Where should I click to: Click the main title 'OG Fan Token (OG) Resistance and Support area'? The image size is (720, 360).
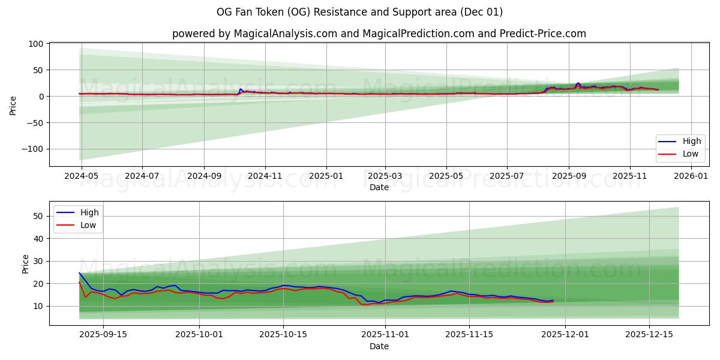360,12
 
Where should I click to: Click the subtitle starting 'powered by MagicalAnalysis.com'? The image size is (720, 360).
379,34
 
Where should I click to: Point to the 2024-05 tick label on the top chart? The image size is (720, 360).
80,176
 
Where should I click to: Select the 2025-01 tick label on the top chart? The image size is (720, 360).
326,176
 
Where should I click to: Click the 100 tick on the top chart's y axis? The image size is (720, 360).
36,44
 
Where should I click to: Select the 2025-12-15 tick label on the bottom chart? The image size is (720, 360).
649,335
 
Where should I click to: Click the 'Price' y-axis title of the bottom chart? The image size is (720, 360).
25,263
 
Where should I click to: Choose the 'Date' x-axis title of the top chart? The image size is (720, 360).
379,187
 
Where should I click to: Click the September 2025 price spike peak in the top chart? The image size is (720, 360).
578,83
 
